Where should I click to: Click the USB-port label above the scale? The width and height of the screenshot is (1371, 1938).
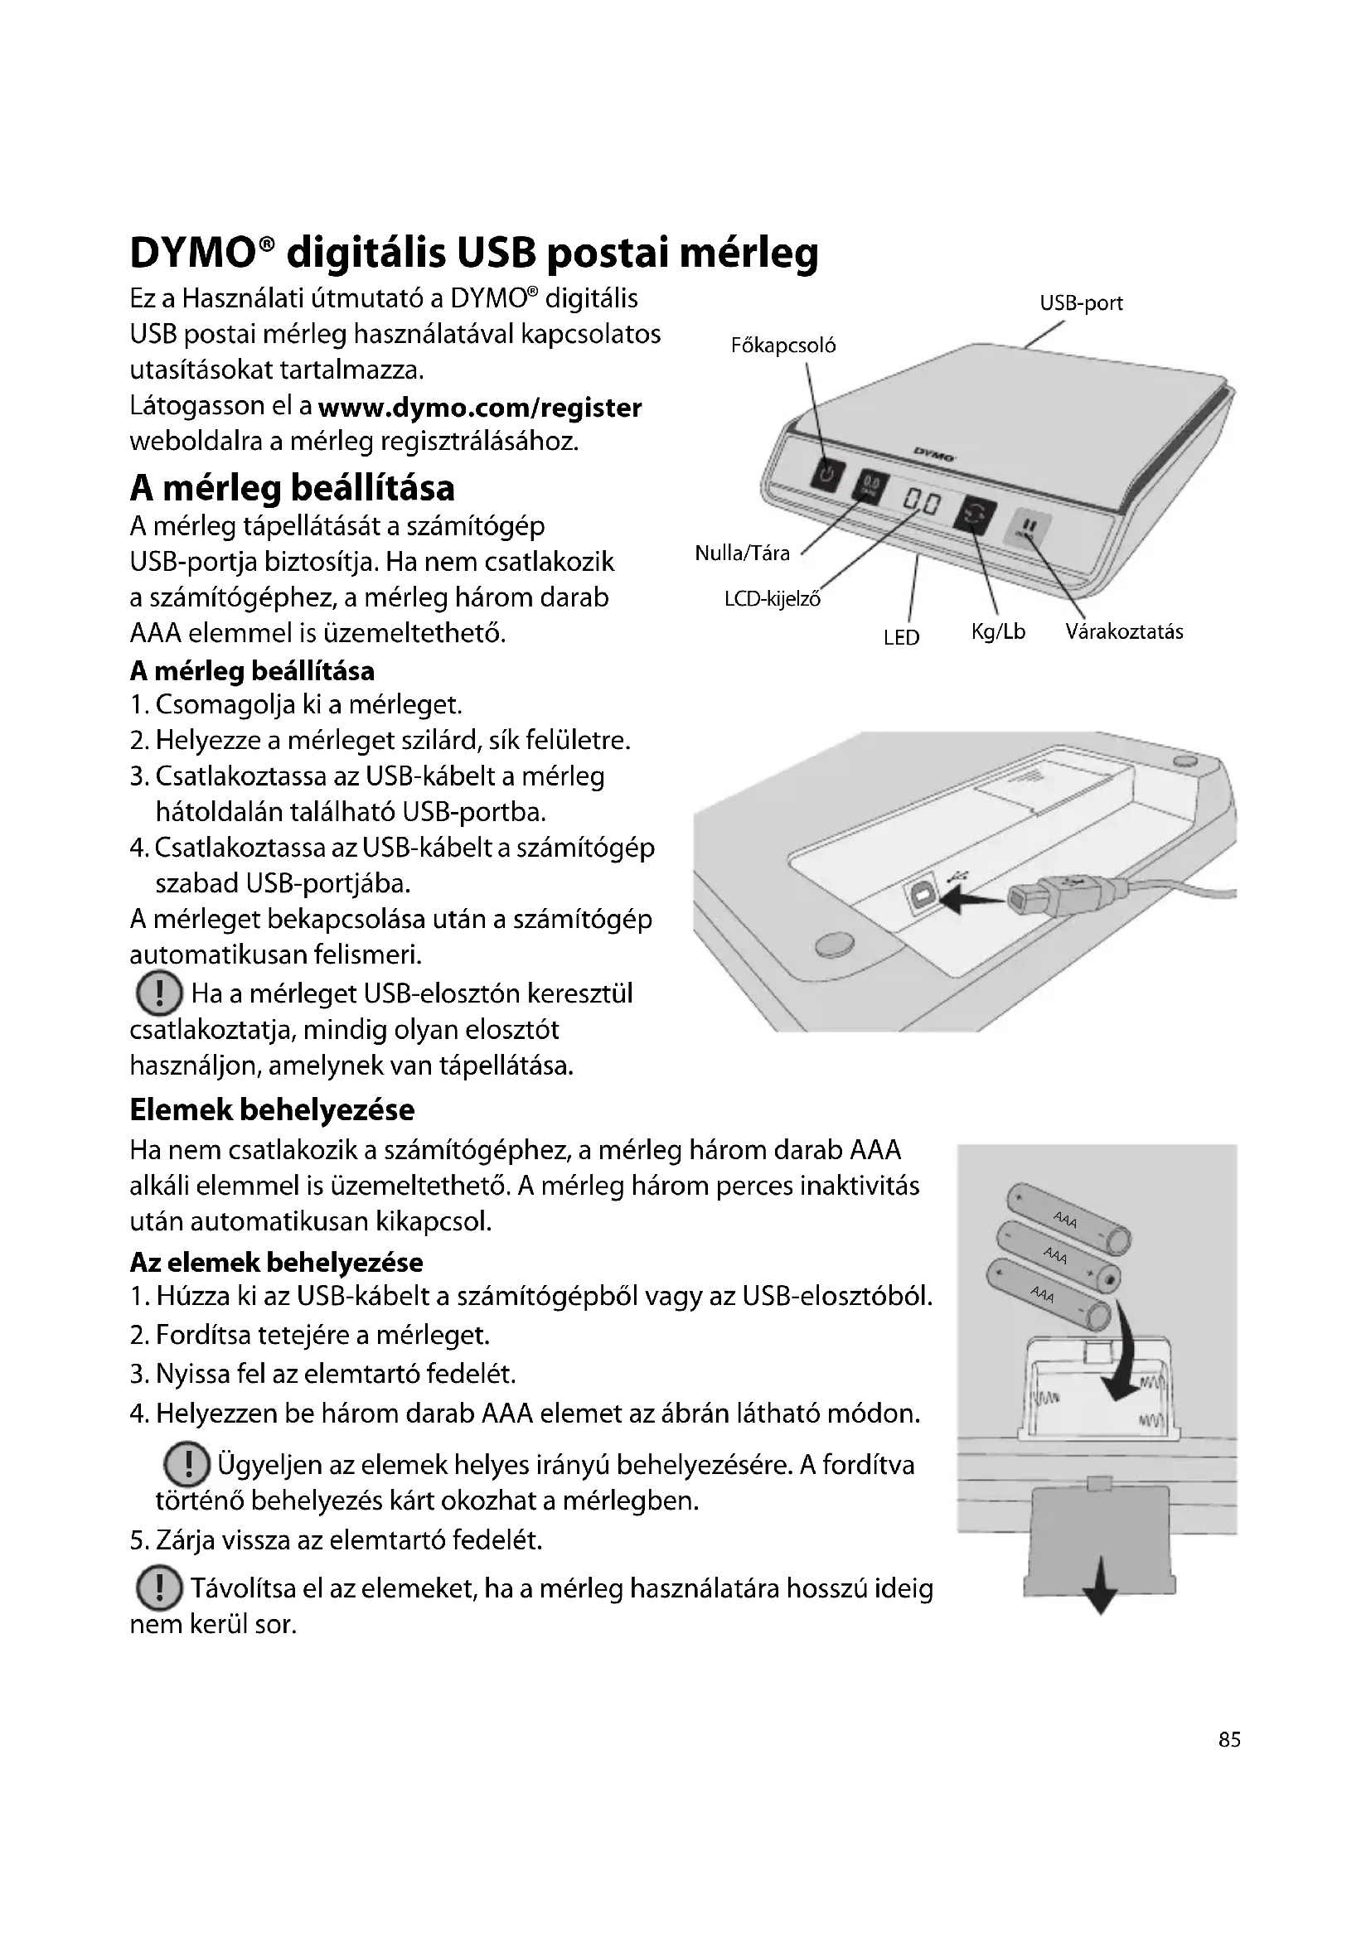coord(1081,304)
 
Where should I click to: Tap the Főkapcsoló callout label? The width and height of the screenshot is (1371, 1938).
coord(782,346)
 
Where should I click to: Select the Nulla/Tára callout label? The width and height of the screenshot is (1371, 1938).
coord(742,553)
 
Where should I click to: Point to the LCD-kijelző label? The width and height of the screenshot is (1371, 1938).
coord(773,599)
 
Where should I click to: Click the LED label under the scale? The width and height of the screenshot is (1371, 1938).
coord(901,638)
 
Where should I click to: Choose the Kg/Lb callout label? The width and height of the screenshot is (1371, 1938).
coord(998,632)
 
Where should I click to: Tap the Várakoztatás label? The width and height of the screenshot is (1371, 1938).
coord(1124,632)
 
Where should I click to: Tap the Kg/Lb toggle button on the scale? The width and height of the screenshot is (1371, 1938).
coord(975,514)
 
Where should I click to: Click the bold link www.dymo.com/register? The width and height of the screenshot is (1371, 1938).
coord(479,408)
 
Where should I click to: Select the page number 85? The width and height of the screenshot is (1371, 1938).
coord(1229,1740)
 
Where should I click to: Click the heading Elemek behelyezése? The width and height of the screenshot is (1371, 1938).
coord(272,1110)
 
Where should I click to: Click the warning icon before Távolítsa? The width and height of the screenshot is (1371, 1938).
coord(157,1588)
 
